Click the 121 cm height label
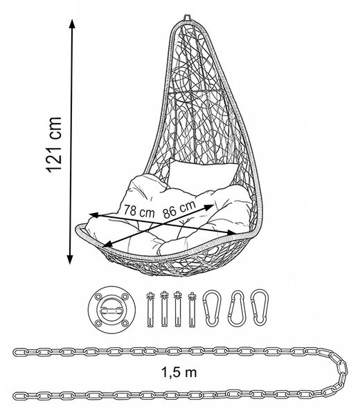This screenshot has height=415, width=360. coord(54,145)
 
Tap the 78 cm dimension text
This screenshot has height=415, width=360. coord(139,211)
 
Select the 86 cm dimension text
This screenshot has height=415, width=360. coord(179,209)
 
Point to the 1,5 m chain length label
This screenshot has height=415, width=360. coord(179,372)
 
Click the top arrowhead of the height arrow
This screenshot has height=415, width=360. coord(72,24)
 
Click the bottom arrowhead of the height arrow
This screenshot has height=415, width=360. coord(70,259)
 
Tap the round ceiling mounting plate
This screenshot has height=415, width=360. coord(111,310)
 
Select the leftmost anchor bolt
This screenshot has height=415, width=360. coord(150,310)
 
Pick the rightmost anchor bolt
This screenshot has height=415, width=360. coord(192,310)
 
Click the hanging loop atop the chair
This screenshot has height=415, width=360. coord(188,17)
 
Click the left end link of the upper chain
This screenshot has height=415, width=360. coord(20,352)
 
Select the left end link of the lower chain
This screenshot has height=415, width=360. coord(20,396)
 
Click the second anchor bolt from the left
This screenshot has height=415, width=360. coord(164,310)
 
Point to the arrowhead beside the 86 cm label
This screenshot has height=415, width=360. coord(210,207)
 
